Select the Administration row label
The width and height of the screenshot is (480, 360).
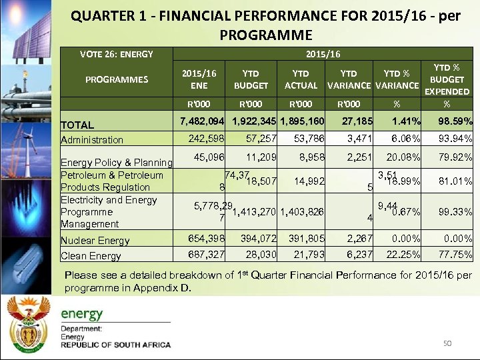click(x=92, y=140)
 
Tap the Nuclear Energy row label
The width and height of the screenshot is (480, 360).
click(x=95, y=241)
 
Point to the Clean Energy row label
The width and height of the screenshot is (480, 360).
click(x=91, y=256)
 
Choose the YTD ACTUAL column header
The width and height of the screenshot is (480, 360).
click(x=301, y=79)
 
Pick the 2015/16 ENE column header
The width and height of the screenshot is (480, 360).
click(x=199, y=79)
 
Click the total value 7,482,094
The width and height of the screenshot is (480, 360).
click(x=202, y=121)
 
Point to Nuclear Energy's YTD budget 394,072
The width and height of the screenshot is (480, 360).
click(x=253, y=239)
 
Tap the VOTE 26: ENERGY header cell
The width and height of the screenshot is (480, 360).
click(x=117, y=54)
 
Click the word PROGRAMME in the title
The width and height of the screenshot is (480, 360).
click(x=265, y=34)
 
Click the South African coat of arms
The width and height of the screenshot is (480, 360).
click(x=28, y=323)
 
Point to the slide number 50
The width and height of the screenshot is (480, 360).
click(x=447, y=343)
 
